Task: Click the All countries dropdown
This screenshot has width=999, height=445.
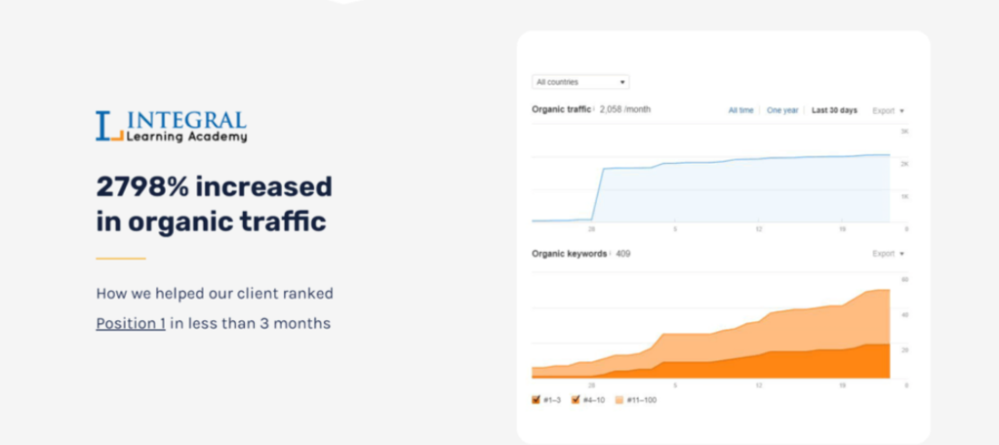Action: coord(580,82)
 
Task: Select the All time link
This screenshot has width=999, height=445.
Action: coord(740,110)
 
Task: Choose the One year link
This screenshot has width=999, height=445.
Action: coord(782,110)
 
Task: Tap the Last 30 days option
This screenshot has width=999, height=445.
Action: coord(834,110)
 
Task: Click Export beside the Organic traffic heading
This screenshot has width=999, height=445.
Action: coord(888,110)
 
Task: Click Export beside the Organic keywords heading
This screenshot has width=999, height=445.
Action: coord(888,254)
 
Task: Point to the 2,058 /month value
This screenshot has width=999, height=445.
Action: coord(624,109)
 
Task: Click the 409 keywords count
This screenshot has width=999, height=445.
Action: coord(623,254)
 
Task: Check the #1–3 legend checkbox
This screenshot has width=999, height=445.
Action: coord(537,399)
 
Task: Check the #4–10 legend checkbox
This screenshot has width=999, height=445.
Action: coord(576,399)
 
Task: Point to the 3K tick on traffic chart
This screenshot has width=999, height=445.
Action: coord(904,131)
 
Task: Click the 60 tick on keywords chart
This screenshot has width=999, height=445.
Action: coord(904,280)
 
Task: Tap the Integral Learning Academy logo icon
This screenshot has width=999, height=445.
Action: coord(108,126)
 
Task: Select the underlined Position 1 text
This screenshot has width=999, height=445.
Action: coord(130,323)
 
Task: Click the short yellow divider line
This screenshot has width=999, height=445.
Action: coord(120,259)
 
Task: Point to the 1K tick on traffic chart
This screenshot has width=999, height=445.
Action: coord(904,196)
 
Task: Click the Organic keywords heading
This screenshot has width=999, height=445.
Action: coord(568,254)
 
